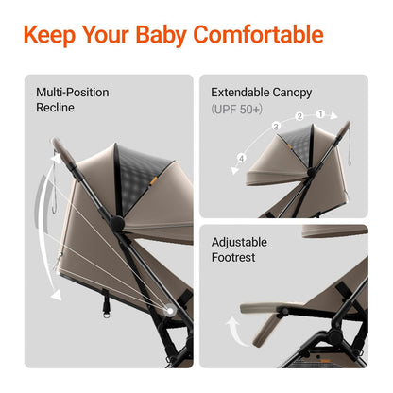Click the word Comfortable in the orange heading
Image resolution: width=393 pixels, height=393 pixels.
pos(258,36)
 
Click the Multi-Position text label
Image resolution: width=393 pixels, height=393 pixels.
pos(73,93)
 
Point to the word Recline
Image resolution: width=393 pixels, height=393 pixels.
pos(56,108)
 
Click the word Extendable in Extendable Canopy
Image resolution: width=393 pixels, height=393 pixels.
pos(241,93)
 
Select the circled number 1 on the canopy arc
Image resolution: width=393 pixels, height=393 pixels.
pos(320,113)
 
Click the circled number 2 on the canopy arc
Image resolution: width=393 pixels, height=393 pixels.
pos(299,116)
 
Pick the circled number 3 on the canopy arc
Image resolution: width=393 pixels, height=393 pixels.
pos(276,126)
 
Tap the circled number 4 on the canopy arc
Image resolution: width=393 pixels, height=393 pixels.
pos(242,157)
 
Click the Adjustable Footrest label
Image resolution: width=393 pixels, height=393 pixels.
pos(240,249)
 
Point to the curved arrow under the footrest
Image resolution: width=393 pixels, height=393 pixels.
pos(232,332)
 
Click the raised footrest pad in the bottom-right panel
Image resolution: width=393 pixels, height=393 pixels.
pos(274,307)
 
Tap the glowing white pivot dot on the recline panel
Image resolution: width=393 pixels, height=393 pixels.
pos(169,310)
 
